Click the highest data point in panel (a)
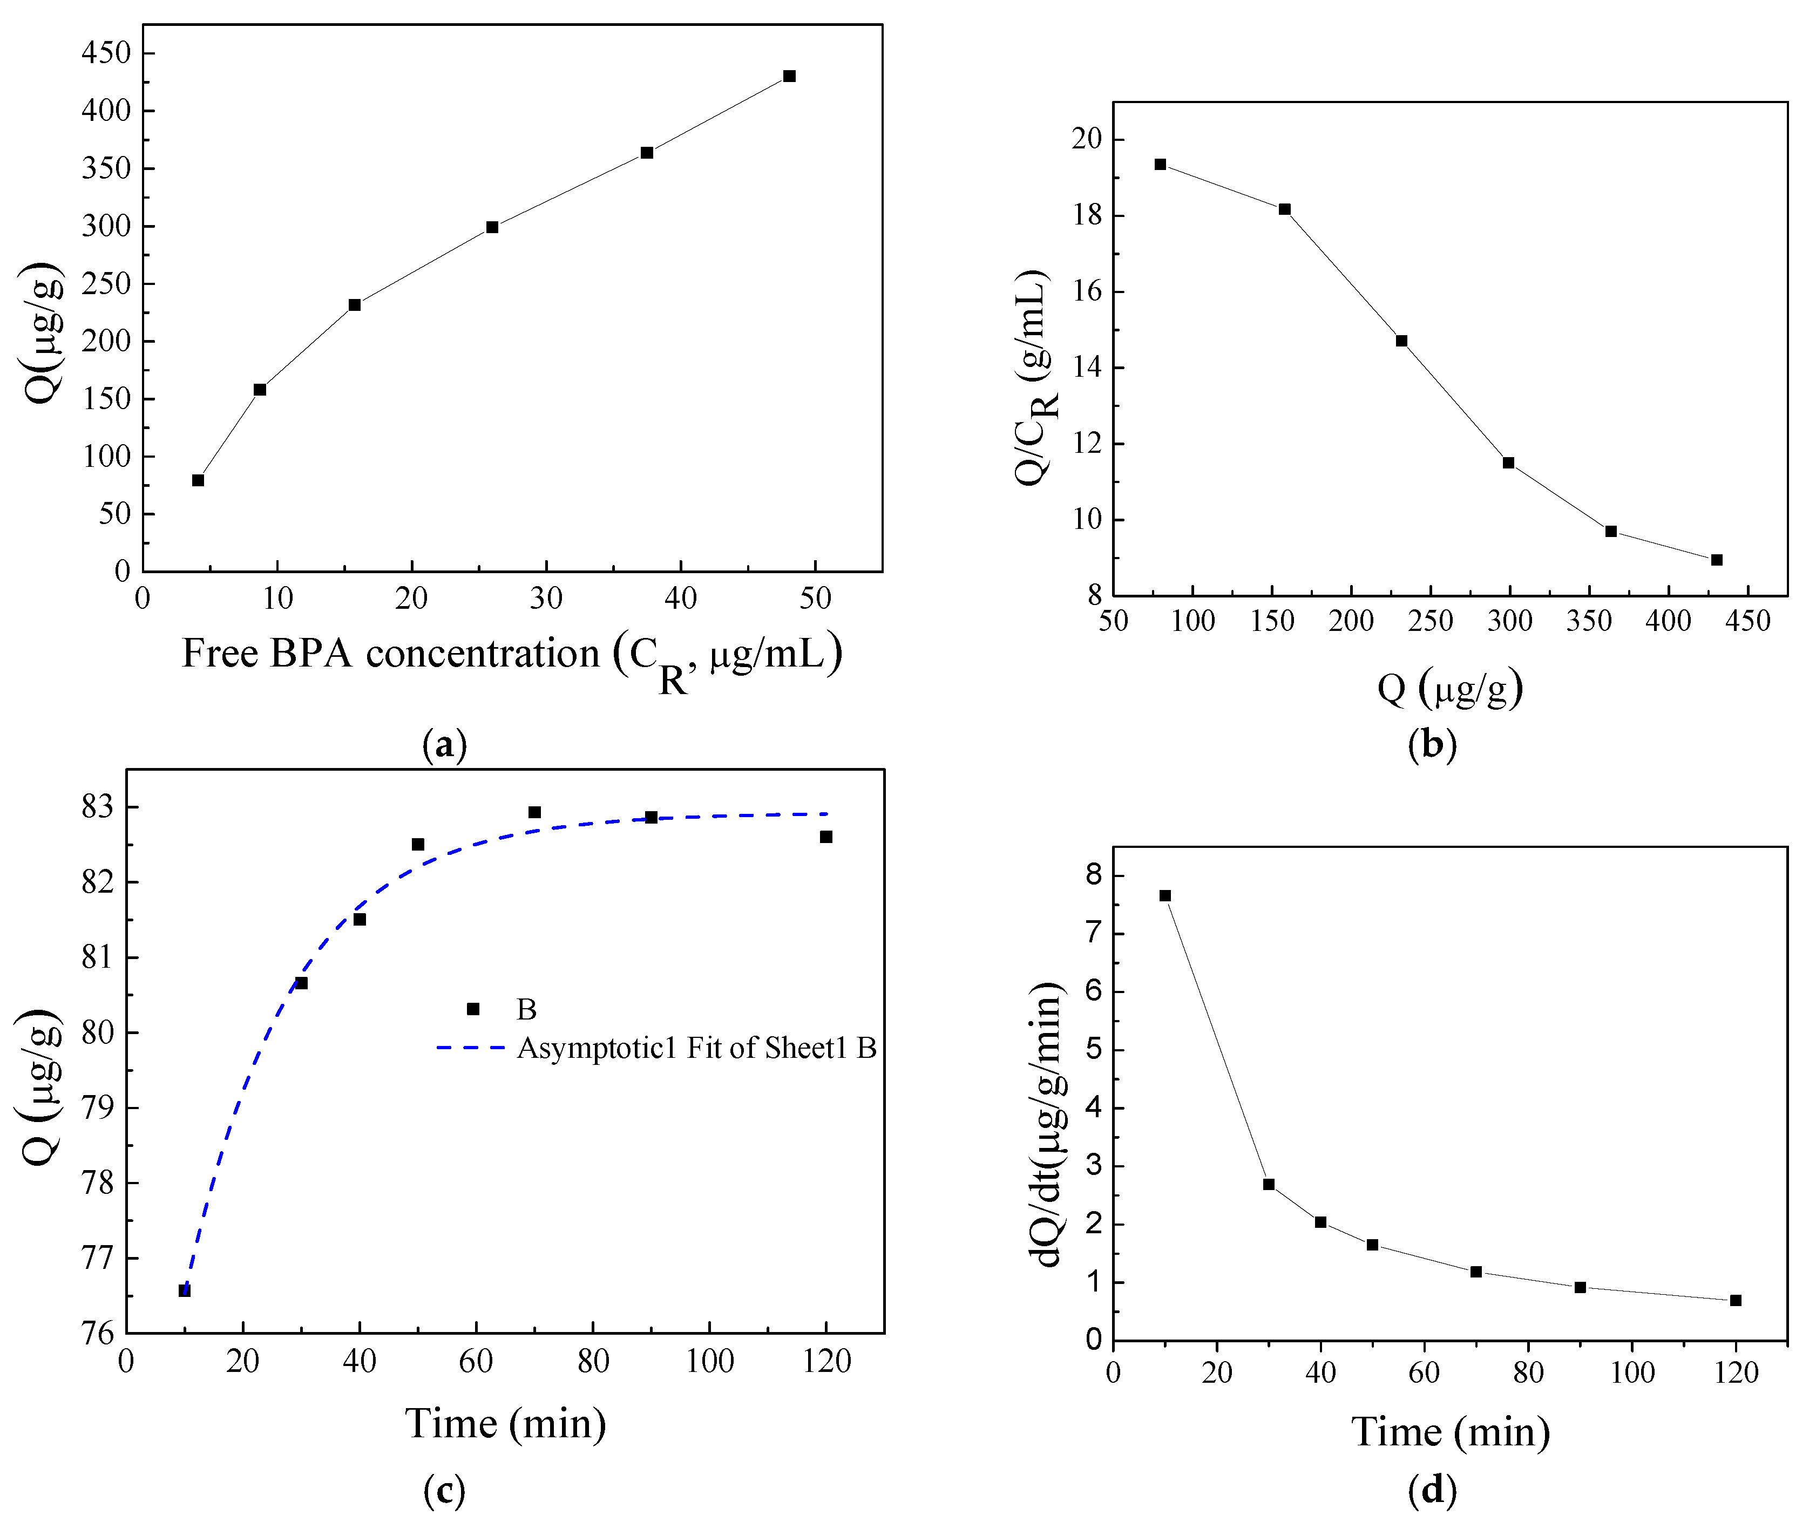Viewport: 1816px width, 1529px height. click(x=789, y=76)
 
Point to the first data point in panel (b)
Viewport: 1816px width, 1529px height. click(x=1160, y=164)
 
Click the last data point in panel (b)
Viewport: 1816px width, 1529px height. click(x=1716, y=560)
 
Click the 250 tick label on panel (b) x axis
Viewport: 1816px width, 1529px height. click(x=1430, y=621)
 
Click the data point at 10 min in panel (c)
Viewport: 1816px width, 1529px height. click(x=185, y=1290)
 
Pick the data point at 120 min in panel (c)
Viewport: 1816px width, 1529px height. click(x=826, y=837)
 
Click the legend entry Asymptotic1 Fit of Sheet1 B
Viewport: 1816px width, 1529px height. click(x=696, y=1048)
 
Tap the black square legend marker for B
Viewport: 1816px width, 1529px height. click(x=472, y=1009)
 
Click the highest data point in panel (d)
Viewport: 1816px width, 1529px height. click(x=1165, y=895)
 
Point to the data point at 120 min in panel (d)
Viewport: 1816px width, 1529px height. click(x=1736, y=1300)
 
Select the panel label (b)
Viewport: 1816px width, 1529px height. click(x=1432, y=744)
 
